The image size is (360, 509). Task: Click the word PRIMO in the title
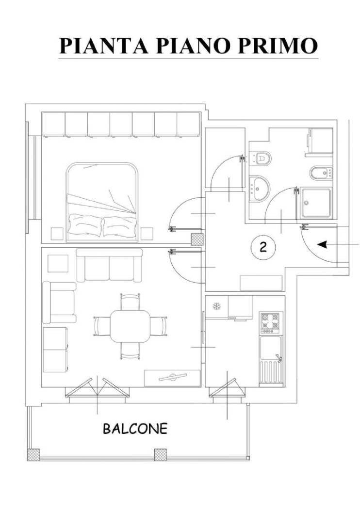(277, 46)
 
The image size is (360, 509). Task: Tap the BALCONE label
(135, 429)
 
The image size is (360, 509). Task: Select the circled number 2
(263, 247)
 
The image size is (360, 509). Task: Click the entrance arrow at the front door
(322, 245)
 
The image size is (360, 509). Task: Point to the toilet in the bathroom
(261, 159)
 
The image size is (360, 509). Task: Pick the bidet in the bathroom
(321, 173)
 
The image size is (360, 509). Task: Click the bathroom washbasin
(259, 189)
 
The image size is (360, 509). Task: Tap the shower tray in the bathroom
(316, 203)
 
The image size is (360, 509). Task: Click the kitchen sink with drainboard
(271, 361)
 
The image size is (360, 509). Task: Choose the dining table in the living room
(130, 326)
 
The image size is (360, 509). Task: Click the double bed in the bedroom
(102, 202)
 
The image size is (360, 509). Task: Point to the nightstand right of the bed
(147, 234)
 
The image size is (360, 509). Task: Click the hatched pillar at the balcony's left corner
(33, 455)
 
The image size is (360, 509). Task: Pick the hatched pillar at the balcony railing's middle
(160, 455)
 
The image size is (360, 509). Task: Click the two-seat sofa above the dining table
(110, 265)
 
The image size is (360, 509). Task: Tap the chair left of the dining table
(101, 326)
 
